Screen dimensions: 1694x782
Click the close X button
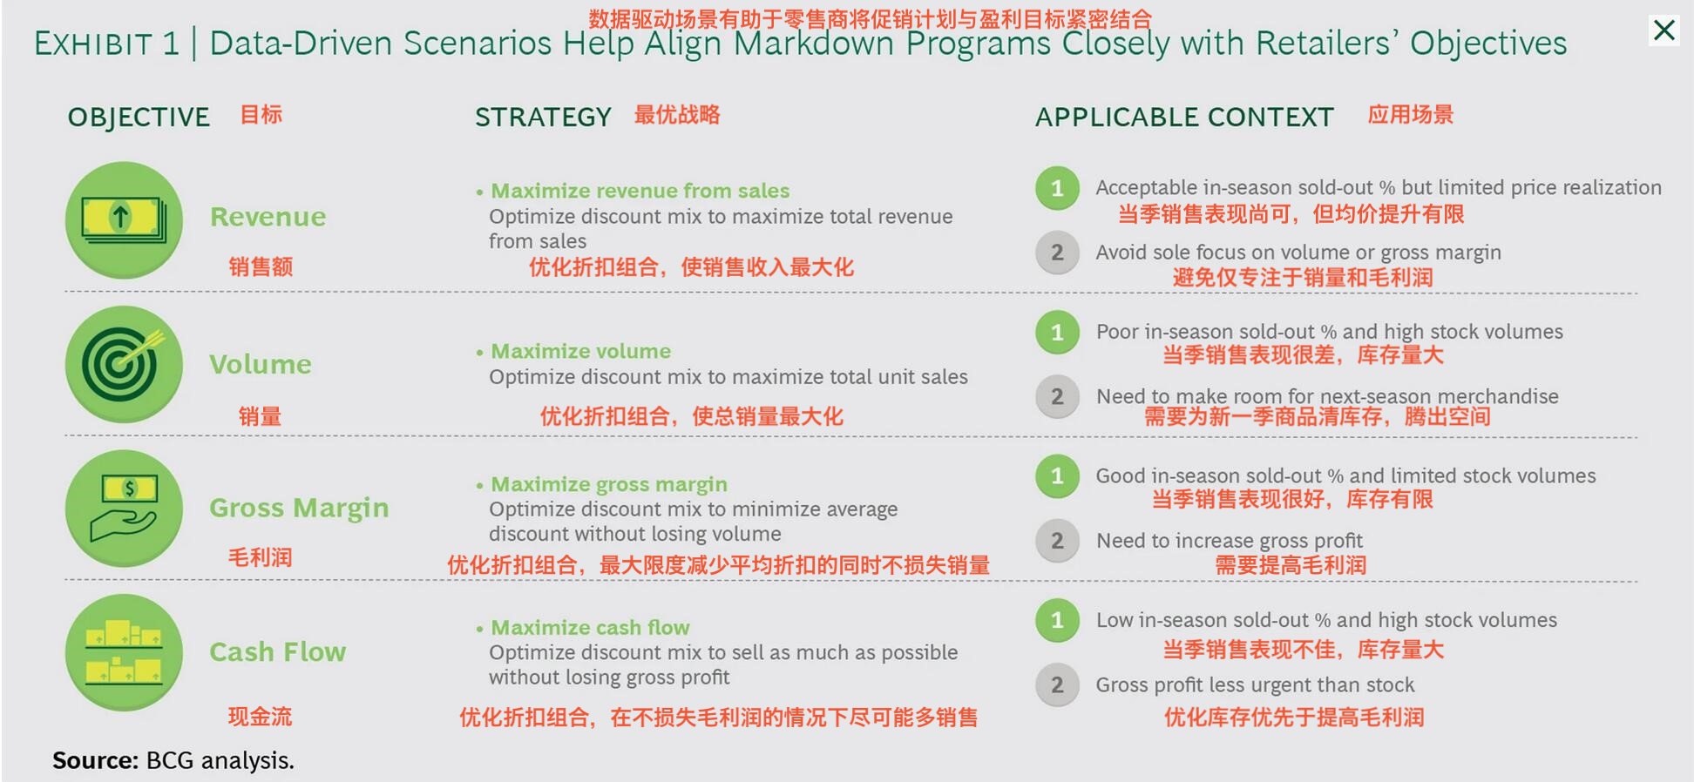point(1664,30)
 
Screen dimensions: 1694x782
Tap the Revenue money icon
point(124,219)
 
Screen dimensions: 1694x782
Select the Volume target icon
point(124,364)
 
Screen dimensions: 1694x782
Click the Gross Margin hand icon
point(124,509)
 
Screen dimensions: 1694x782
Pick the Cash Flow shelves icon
point(124,652)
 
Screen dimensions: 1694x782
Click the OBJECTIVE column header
point(139,117)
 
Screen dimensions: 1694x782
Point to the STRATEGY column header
point(543,117)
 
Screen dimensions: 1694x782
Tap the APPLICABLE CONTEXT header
point(1184,117)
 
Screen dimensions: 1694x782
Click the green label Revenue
point(268,217)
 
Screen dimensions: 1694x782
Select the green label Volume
point(260,364)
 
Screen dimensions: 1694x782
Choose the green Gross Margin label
point(299,508)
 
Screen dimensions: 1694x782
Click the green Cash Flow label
point(277,651)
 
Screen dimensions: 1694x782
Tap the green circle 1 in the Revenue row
point(1057,188)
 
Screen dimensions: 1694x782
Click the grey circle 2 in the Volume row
point(1057,397)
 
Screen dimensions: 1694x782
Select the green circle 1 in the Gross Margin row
point(1057,476)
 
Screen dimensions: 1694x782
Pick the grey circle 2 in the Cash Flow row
point(1057,685)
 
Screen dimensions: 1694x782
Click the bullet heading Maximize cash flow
point(590,627)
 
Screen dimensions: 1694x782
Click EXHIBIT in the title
point(94,44)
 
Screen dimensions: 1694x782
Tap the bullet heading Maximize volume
point(580,351)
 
